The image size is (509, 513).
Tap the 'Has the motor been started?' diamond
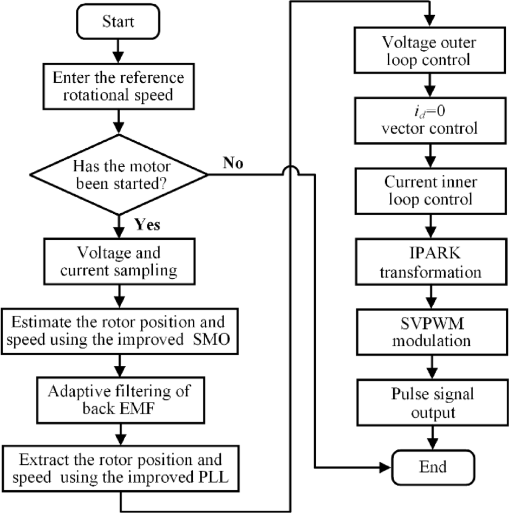pyautogui.click(x=118, y=174)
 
